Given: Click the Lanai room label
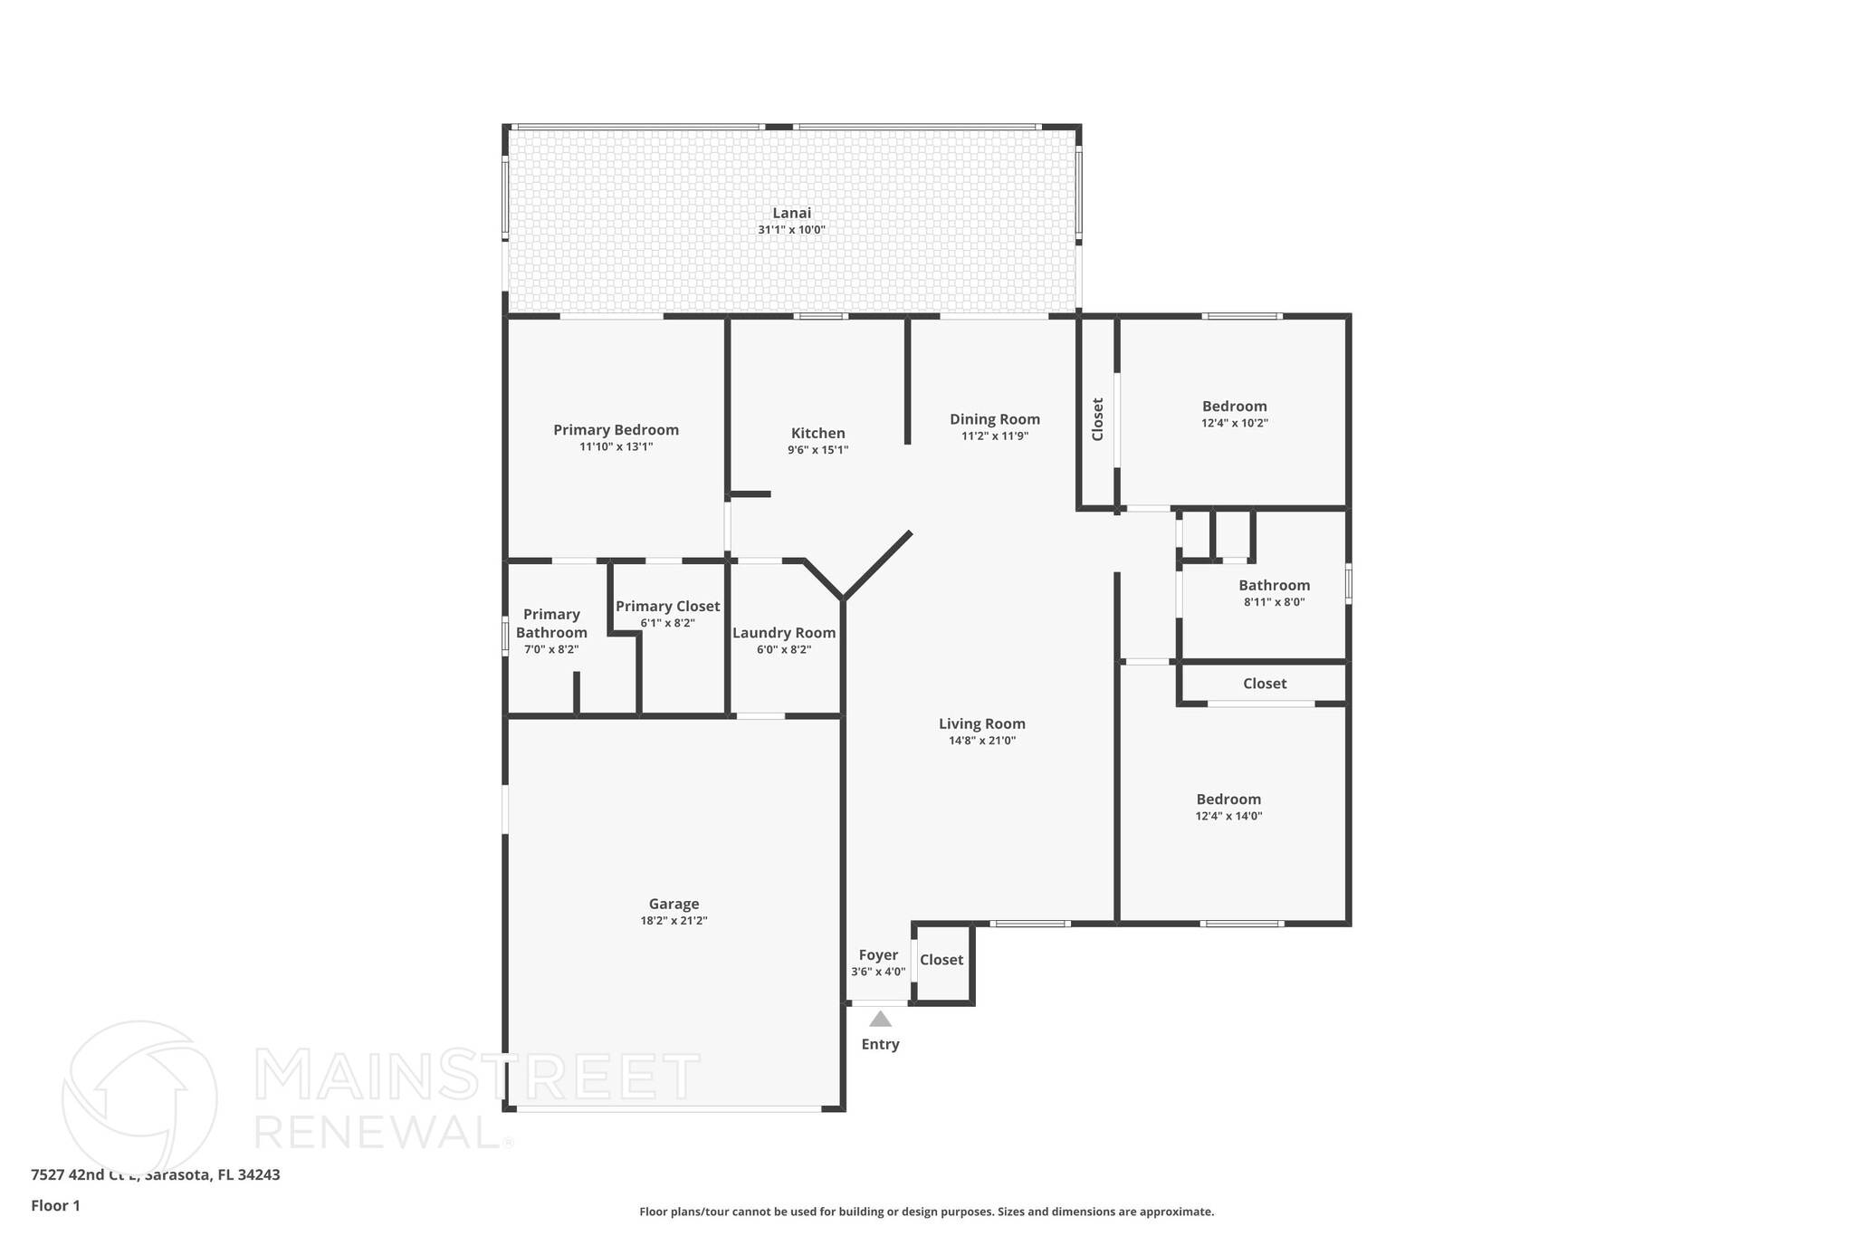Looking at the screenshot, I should (791, 213).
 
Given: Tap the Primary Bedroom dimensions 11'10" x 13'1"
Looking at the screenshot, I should (616, 446).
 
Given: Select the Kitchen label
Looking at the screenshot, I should (817, 434).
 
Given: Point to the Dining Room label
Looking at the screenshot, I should (994, 419).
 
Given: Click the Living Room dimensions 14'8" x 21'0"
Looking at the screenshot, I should (982, 740).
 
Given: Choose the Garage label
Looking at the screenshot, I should (674, 904).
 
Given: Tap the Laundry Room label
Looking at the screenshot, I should (784, 633).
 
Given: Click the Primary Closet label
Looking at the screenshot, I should (667, 607).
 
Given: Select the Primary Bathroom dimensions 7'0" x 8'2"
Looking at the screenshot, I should (551, 649).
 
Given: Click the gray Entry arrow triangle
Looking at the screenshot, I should (880, 1019).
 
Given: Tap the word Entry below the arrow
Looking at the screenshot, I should (880, 1044).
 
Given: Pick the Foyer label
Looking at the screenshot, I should (878, 955).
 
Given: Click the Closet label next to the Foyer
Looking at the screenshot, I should (941, 960).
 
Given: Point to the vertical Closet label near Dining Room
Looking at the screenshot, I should (1098, 419).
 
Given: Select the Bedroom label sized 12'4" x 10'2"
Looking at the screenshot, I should (1234, 407).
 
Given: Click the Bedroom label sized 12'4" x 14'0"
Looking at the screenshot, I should (1228, 800).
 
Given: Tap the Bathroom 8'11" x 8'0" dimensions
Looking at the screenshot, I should (1274, 602).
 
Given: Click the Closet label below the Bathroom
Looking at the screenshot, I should (1264, 684).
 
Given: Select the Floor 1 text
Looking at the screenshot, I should (55, 1205).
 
